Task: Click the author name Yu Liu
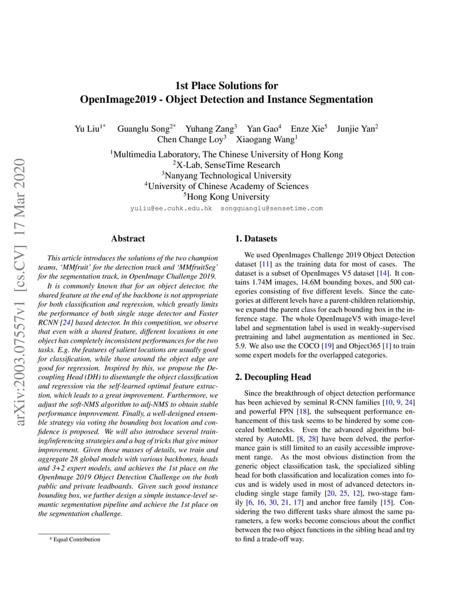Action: [87, 129]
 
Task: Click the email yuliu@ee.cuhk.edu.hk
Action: [171, 208]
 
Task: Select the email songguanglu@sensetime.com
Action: [271, 208]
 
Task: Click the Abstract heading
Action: [128, 238]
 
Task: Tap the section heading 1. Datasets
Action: [256, 238]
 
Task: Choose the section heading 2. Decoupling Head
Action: [273, 377]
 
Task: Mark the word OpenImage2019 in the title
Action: [114, 100]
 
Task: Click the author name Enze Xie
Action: [307, 129]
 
